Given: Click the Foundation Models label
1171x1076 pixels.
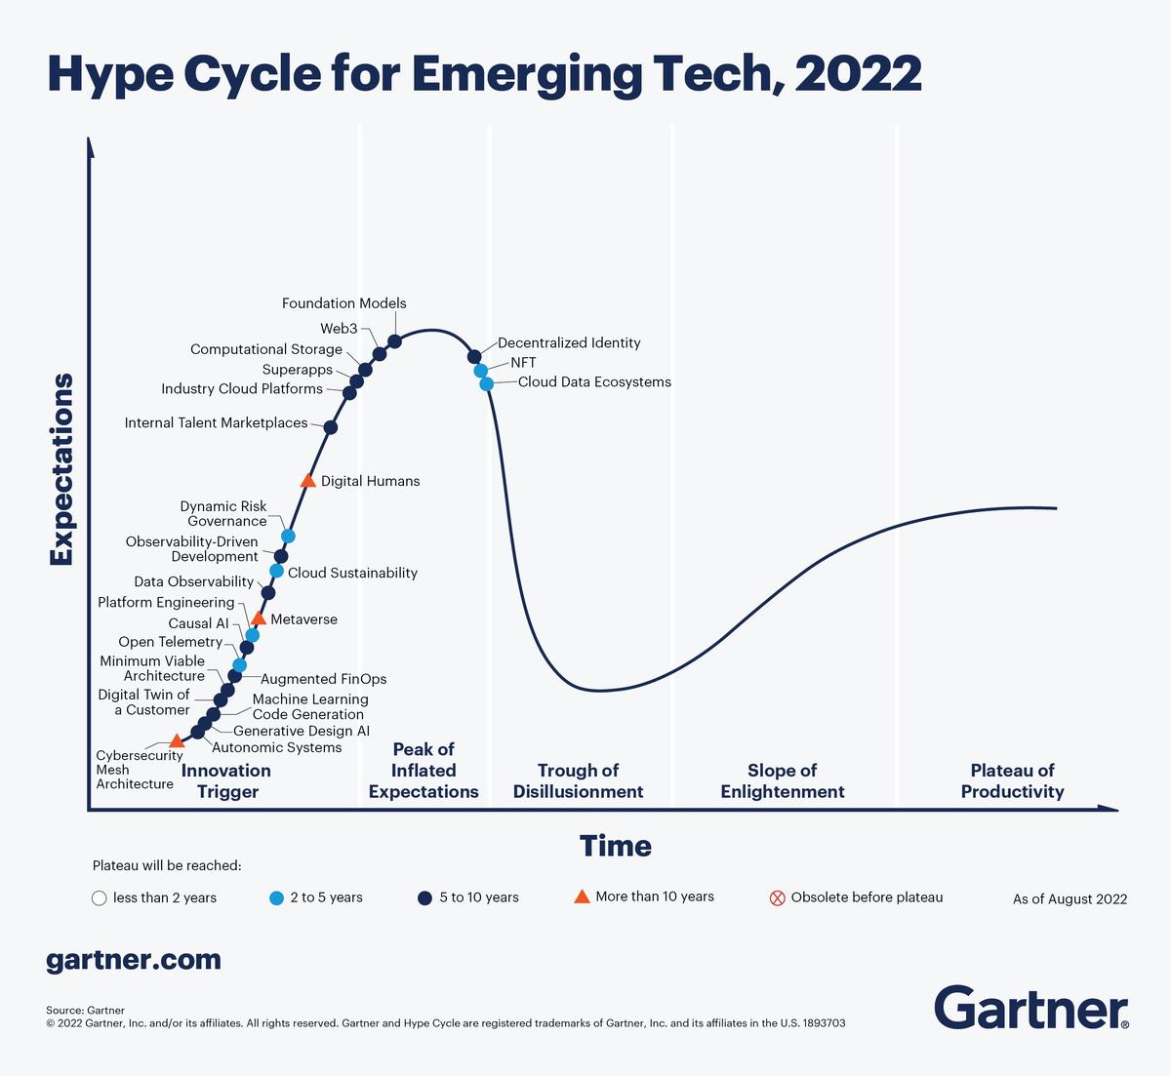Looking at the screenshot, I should coord(343,303).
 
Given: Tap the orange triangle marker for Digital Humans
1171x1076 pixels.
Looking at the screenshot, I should coord(307,481).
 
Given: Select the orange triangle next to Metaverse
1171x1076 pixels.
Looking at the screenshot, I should coord(259,618).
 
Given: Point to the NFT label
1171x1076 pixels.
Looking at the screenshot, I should coord(523,363).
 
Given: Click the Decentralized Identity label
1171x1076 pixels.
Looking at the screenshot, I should coord(569,343).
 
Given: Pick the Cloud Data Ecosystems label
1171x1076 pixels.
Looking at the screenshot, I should coord(594,382).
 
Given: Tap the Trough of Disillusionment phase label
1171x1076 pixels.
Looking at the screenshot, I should coord(578,780).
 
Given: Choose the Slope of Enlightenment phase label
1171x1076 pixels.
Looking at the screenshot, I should coord(783,780).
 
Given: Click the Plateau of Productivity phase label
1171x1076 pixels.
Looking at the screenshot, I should coord(1012,780).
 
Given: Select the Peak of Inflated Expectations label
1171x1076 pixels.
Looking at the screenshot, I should coord(424,771).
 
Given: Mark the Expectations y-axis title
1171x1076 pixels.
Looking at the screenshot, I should coord(61,469).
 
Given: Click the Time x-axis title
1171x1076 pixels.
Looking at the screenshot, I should coord(615,846).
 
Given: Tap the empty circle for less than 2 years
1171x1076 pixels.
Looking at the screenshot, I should coord(99,898).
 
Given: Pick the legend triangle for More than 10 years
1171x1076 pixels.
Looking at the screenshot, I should coord(582,897).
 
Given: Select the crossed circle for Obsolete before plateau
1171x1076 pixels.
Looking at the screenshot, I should coord(778,898).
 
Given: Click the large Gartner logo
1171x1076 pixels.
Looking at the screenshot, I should coord(1031,1008).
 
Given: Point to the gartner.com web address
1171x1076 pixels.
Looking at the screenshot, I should coord(134,960).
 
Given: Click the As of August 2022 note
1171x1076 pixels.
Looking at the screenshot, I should coord(1070,899).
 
